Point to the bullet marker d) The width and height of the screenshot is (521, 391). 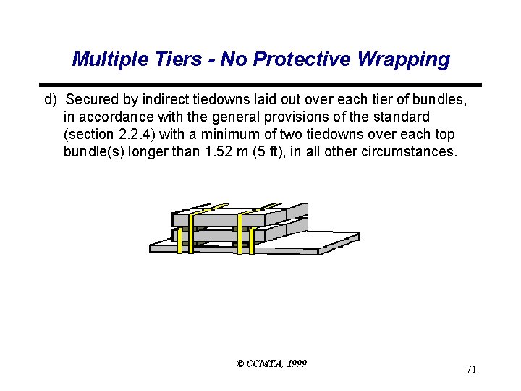point(51,98)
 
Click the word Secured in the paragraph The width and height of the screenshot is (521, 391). point(93,98)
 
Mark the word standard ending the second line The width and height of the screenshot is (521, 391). point(402,117)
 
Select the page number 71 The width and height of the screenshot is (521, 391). point(471,370)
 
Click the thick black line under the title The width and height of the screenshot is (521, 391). point(260,85)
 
